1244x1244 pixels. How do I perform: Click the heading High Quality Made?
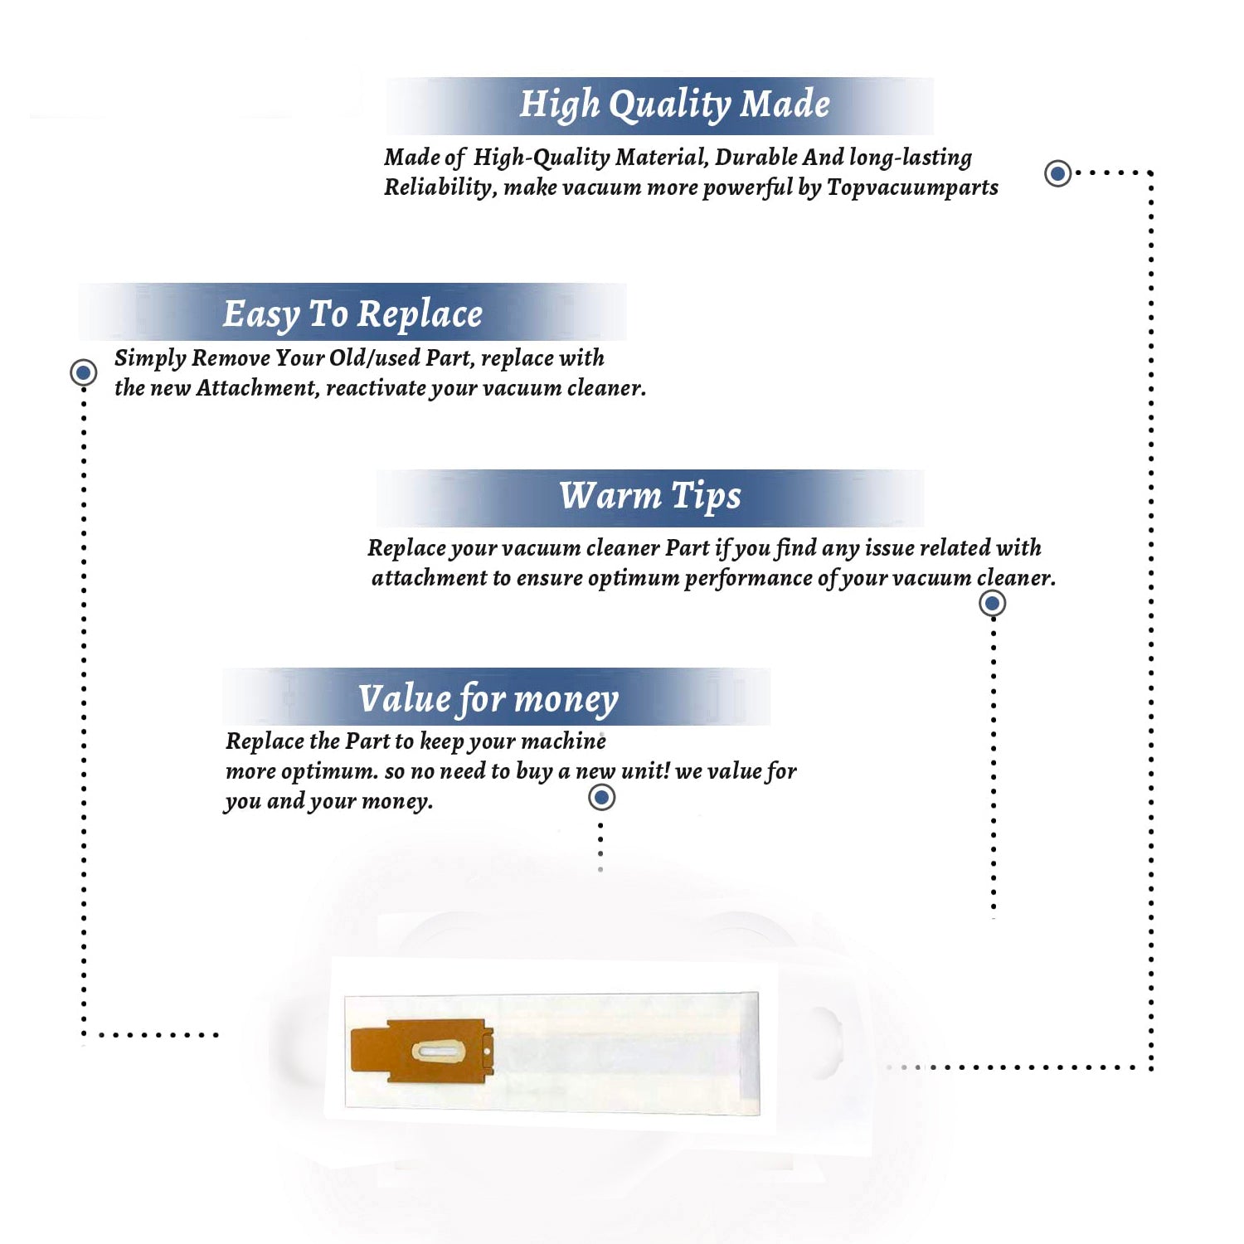click(674, 105)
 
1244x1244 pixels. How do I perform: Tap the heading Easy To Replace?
click(352, 315)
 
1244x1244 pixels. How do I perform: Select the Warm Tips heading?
click(650, 497)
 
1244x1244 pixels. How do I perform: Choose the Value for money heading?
click(488, 699)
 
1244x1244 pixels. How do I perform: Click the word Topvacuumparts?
click(912, 188)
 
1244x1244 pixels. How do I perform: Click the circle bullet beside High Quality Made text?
click(1057, 173)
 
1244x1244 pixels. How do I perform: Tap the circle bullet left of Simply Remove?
click(83, 372)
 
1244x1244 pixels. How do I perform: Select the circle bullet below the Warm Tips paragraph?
click(992, 603)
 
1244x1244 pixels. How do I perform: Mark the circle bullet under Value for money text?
click(601, 798)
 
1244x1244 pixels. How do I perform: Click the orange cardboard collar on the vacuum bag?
click(422, 1052)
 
